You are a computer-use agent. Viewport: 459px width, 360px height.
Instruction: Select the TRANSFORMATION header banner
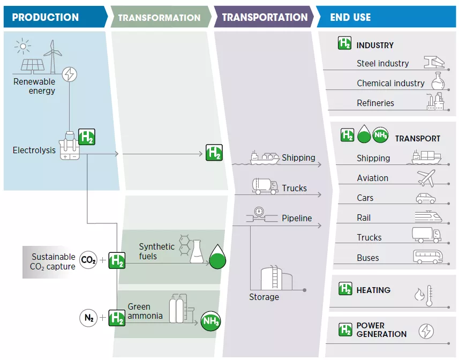point(160,18)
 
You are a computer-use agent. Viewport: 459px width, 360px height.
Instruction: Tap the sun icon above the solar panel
point(22,46)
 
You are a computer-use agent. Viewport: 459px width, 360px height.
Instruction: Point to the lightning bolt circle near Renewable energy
point(69,74)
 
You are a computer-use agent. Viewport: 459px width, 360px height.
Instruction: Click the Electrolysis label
point(34,151)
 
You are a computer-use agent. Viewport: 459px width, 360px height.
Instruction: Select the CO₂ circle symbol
point(88,261)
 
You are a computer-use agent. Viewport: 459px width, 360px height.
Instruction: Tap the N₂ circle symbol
point(88,318)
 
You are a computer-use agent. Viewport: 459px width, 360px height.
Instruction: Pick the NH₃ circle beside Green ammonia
point(210,321)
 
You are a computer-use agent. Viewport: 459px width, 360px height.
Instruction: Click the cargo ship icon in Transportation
point(265,157)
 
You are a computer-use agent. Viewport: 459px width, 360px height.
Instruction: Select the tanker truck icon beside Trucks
point(265,186)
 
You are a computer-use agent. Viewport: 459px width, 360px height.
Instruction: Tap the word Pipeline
point(297,219)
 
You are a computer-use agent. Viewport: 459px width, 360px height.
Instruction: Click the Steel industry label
point(382,64)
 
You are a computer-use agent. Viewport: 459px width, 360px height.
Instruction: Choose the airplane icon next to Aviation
point(426,177)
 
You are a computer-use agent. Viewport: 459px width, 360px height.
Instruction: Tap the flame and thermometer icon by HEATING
point(423,295)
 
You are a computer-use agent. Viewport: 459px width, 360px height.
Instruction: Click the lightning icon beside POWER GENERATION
point(426,331)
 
